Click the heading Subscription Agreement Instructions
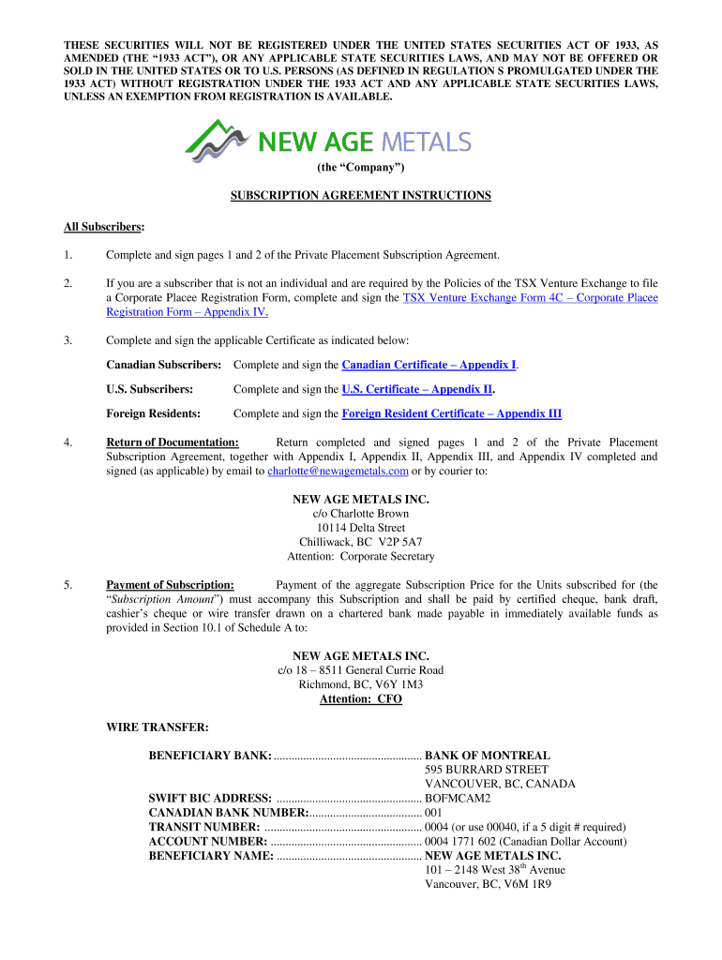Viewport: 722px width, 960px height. [361, 195]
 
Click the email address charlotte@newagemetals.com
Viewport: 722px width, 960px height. [338, 471]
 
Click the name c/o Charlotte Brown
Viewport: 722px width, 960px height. [361, 514]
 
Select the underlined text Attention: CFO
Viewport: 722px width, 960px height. [361, 698]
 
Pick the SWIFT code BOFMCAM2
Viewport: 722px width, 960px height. [458, 798]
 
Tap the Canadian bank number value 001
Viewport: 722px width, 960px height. [433, 812]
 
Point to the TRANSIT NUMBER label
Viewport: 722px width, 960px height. [204, 827]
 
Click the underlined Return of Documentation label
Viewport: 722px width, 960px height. [172, 442]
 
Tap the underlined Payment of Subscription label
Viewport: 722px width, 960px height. [170, 585]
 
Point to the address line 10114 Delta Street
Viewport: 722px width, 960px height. [361, 528]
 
